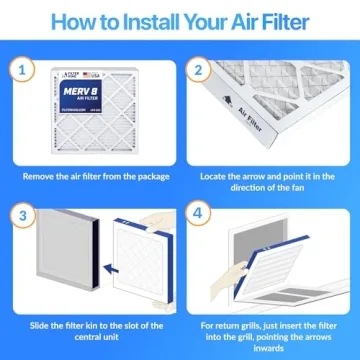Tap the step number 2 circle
[198, 71]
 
